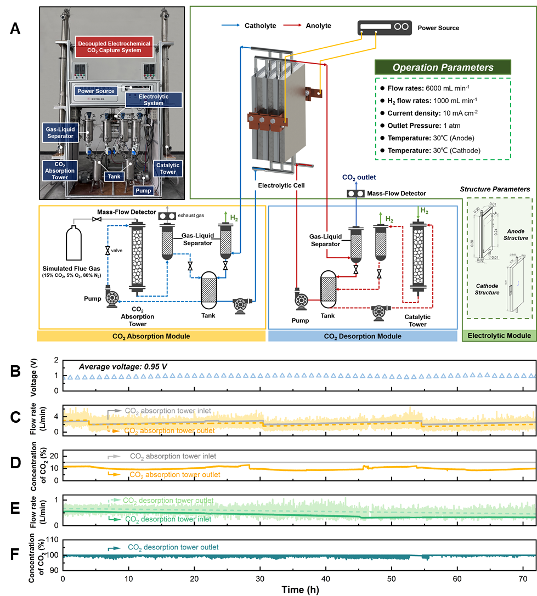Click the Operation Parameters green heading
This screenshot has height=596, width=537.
[x=443, y=67]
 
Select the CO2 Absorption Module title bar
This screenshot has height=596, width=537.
[x=151, y=336]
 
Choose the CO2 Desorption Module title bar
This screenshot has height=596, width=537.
[x=363, y=336]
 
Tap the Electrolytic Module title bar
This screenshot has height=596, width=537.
[x=498, y=336]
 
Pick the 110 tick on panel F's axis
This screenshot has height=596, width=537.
[x=52, y=540]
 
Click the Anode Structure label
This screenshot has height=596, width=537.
[x=517, y=234]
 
